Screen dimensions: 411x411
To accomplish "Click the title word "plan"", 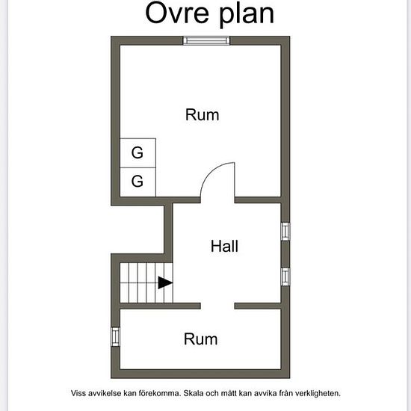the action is (x=247, y=14).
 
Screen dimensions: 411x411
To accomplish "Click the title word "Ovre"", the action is (x=177, y=13).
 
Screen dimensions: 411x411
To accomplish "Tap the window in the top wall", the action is (x=206, y=40).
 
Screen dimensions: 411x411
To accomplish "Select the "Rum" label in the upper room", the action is (x=202, y=115).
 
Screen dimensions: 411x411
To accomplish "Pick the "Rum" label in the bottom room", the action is (x=200, y=339).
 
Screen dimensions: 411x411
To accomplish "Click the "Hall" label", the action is (x=225, y=246).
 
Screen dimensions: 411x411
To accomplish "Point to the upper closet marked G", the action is (x=138, y=152).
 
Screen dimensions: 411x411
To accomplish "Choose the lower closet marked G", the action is (x=138, y=182).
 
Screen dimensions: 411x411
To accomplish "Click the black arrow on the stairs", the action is (x=165, y=282).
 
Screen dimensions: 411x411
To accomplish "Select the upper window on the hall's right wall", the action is (x=285, y=232).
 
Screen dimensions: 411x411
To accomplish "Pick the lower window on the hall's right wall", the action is (x=285, y=276).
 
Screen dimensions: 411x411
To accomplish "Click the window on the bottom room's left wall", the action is (x=115, y=336).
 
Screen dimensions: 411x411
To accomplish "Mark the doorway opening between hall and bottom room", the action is (x=217, y=306).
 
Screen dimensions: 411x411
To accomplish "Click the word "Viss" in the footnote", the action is (x=78, y=393).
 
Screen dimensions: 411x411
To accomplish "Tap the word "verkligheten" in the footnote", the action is (x=318, y=393).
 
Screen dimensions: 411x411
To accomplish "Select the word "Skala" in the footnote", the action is (x=194, y=393).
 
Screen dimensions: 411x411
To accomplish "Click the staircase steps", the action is (x=146, y=282).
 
